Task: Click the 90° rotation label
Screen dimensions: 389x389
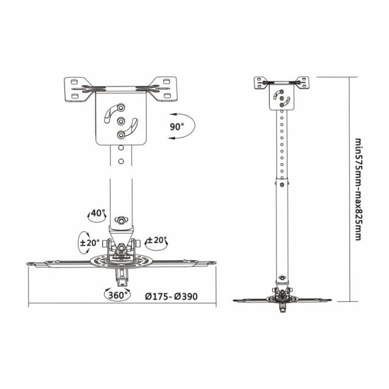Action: coord(177,126)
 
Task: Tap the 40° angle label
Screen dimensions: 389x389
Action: coord(97,213)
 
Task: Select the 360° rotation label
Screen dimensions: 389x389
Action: coord(117,295)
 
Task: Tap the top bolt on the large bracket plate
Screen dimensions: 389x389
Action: coord(121,106)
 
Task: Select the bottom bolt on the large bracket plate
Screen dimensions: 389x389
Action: coord(121,135)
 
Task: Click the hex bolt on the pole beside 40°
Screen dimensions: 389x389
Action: coord(122,219)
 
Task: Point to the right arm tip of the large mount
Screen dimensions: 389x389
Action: coord(212,263)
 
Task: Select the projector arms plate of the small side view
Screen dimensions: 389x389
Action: coord(283,299)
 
